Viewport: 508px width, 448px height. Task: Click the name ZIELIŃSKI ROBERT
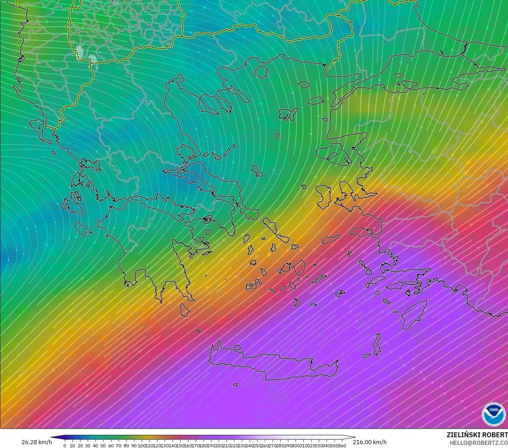(x=477, y=435)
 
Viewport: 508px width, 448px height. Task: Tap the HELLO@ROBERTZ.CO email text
(x=478, y=443)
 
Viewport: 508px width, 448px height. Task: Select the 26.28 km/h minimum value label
(x=37, y=442)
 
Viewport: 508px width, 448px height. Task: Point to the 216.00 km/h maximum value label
(x=369, y=442)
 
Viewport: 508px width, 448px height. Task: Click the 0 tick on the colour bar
(x=65, y=446)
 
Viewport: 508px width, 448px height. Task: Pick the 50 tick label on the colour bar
(x=103, y=446)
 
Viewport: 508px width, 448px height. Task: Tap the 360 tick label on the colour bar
(x=342, y=446)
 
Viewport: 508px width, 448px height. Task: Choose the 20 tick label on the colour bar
(x=80, y=446)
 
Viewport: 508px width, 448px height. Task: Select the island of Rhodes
(x=414, y=314)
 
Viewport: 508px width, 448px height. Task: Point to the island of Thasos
(x=261, y=72)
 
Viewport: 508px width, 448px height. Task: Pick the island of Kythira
(x=185, y=310)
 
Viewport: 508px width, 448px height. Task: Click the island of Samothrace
(x=303, y=84)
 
